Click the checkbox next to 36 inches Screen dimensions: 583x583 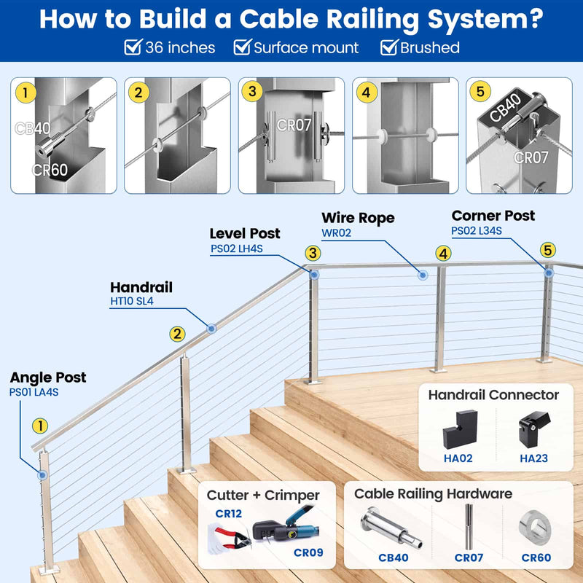(x=133, y=48)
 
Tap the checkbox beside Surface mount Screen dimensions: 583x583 (x=242, y=48)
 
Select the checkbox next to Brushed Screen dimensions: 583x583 (x=388, y=48)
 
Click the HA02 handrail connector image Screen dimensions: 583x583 (x=458, y=431)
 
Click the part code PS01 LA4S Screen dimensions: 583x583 (x=34, y=392)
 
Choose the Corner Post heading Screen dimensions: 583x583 (x=493, y=216)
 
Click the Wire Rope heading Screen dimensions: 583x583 (x=358, y=218)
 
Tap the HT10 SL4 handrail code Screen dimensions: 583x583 (x=132, y=301)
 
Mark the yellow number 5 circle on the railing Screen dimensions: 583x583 (x=548, y=250)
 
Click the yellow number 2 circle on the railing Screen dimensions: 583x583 (x=177, y=334)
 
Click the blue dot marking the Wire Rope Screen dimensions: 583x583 (x=421, y=275)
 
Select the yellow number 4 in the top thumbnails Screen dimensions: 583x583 (x=367, y=93)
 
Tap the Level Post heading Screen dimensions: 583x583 (x=245, y=234)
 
